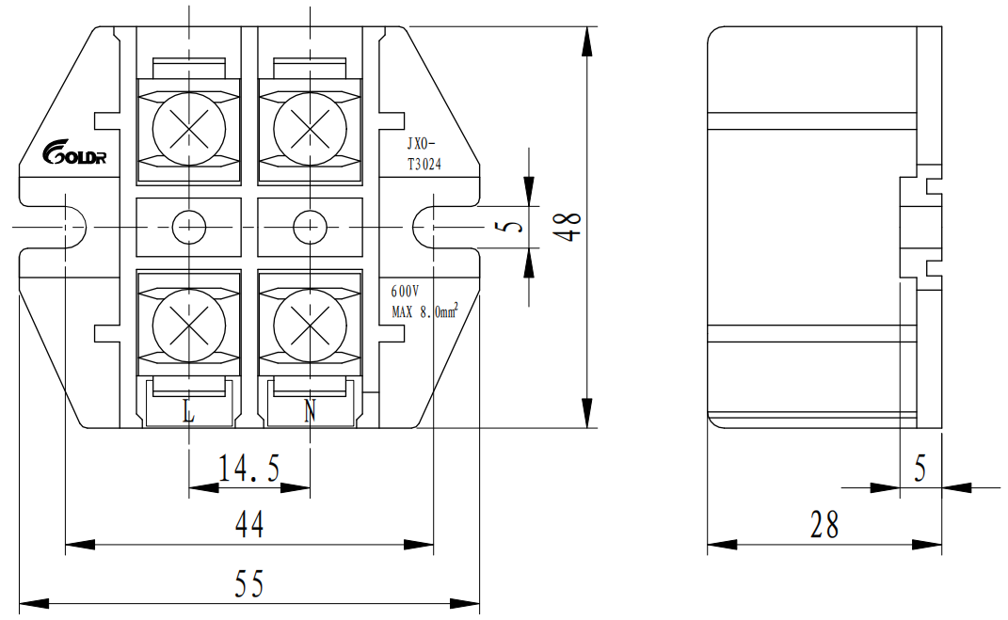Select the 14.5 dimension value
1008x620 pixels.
point(248,468)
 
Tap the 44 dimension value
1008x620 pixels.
point(248,525)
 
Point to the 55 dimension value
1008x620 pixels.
point(248,585)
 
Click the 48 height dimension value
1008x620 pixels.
point(567,226)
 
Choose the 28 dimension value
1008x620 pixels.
point(824,525)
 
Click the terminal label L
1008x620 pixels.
point(188,410)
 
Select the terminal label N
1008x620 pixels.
point(310,410)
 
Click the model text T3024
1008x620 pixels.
point(424,164)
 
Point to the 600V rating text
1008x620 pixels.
point(405,292)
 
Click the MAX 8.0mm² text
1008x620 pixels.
point(424,310)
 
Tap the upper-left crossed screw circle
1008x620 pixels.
point(189,125)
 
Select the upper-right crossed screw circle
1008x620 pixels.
point(310,125)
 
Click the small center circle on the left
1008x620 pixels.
point(189,226)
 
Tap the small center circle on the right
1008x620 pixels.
point(309,226)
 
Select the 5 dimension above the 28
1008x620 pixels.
point(920,468)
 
